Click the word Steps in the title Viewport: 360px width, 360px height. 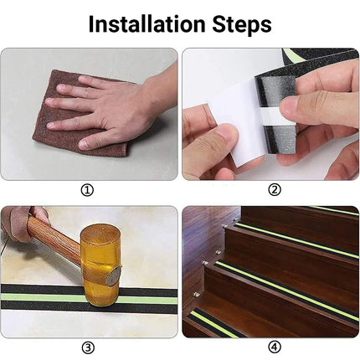(x=242, y=24)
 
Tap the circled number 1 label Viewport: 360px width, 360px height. (x=87, y=190)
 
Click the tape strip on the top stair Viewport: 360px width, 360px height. (x=331, y=210)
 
